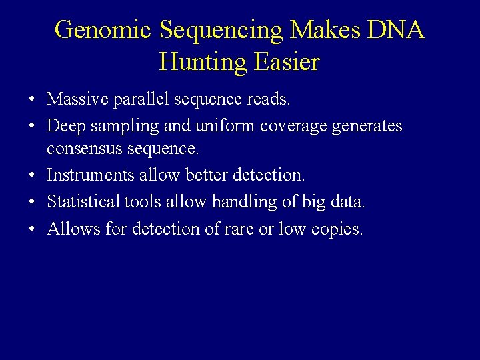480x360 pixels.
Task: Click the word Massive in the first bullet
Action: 74,99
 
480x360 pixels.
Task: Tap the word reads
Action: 269,99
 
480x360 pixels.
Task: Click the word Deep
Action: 63,125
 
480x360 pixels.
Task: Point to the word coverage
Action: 294,125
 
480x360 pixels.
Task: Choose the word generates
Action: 368,125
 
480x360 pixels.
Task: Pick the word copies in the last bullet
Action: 337,229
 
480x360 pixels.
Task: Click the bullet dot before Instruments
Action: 32,175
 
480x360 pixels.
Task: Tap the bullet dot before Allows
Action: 32,229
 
